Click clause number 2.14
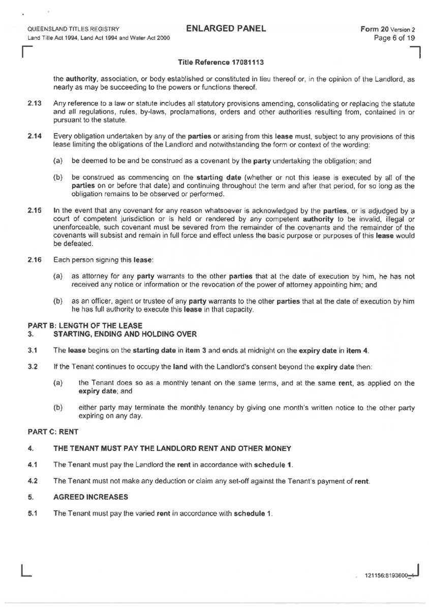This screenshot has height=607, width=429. (34, 137)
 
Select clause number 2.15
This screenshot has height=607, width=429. (34, 210)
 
